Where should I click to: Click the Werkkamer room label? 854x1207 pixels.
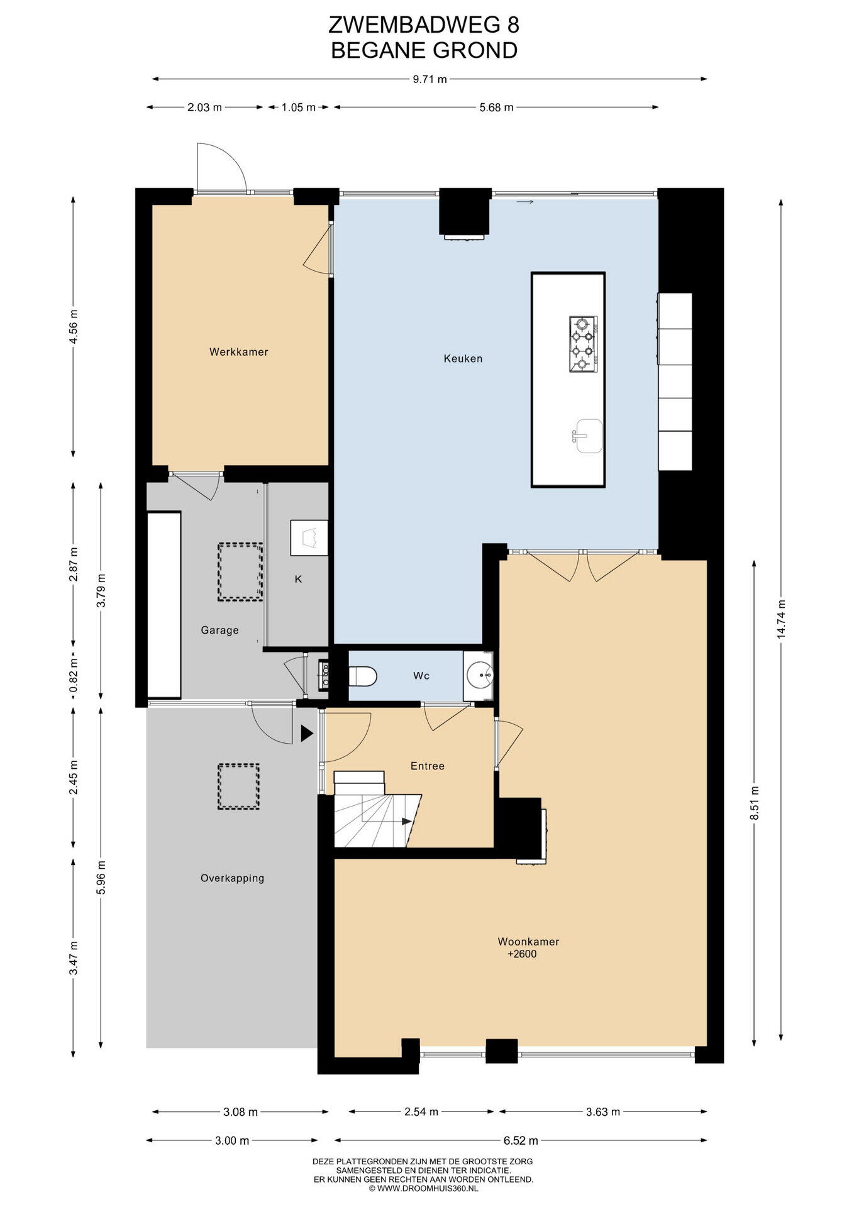(x=239, y=352)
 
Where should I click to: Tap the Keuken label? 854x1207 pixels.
(x=463, y=359)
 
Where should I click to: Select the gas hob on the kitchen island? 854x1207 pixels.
(x=583, y=344)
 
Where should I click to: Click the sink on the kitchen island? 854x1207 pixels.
(x=587, y=436)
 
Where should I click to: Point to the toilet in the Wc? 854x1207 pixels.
(x=362, y=676)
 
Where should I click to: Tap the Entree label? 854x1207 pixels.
(x=428, y=766)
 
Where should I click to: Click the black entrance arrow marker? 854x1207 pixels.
(x=307, y=734)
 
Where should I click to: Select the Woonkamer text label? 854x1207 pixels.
(x=528, y=942)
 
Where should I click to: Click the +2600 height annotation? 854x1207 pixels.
(x=522, y=954)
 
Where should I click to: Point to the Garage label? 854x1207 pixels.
(x=219, y=631)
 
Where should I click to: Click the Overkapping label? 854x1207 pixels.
(x=232, y=878)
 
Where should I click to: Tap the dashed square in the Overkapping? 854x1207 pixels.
(x=238, y=786)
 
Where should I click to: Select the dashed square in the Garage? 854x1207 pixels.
(x=240, y=572)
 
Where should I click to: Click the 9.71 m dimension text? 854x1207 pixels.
(x=430, y=79)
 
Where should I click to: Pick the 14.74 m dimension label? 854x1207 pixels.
(x=781, y=619)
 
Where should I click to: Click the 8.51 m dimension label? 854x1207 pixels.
(x=755, y=803)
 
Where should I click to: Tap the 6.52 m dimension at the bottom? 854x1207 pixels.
(x=521, y=1140)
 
